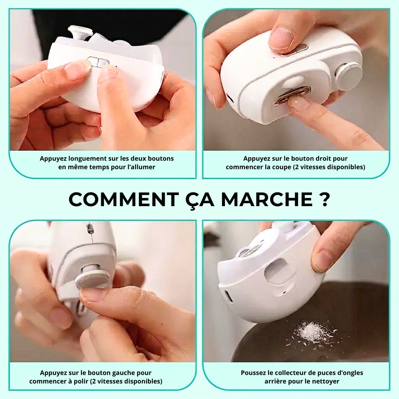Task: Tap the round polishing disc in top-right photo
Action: tap(348, 76)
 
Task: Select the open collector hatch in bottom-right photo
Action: tap(280, 271)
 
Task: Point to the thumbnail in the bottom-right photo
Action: tap(321, 261)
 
